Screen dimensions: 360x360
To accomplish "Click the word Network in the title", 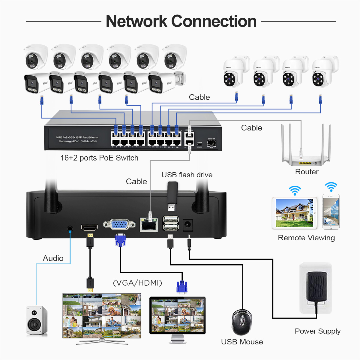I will click(136, 21).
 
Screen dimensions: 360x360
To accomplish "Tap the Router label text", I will click(307, 172).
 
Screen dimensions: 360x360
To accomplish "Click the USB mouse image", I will click(242, 322).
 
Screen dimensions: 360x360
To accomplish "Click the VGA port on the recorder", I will click(119, 224).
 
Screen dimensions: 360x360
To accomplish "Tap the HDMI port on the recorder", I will click(89, 227).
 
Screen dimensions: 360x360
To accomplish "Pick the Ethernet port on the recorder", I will click(149, 225).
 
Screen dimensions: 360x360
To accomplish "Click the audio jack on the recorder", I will click(70, 229).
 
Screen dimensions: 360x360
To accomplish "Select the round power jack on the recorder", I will click(188, 225).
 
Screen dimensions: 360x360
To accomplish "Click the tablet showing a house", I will click(294, 213).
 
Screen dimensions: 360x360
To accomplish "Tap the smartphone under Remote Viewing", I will click(331, 212).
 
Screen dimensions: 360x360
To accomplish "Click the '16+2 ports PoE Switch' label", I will click(99, 158).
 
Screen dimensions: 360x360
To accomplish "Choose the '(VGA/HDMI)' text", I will click(137, 283).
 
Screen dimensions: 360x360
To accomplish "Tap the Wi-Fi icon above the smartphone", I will click(331, 187).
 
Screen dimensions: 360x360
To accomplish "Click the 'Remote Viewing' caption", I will click(306, 238).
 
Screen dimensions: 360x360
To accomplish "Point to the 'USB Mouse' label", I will click(242, 342).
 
